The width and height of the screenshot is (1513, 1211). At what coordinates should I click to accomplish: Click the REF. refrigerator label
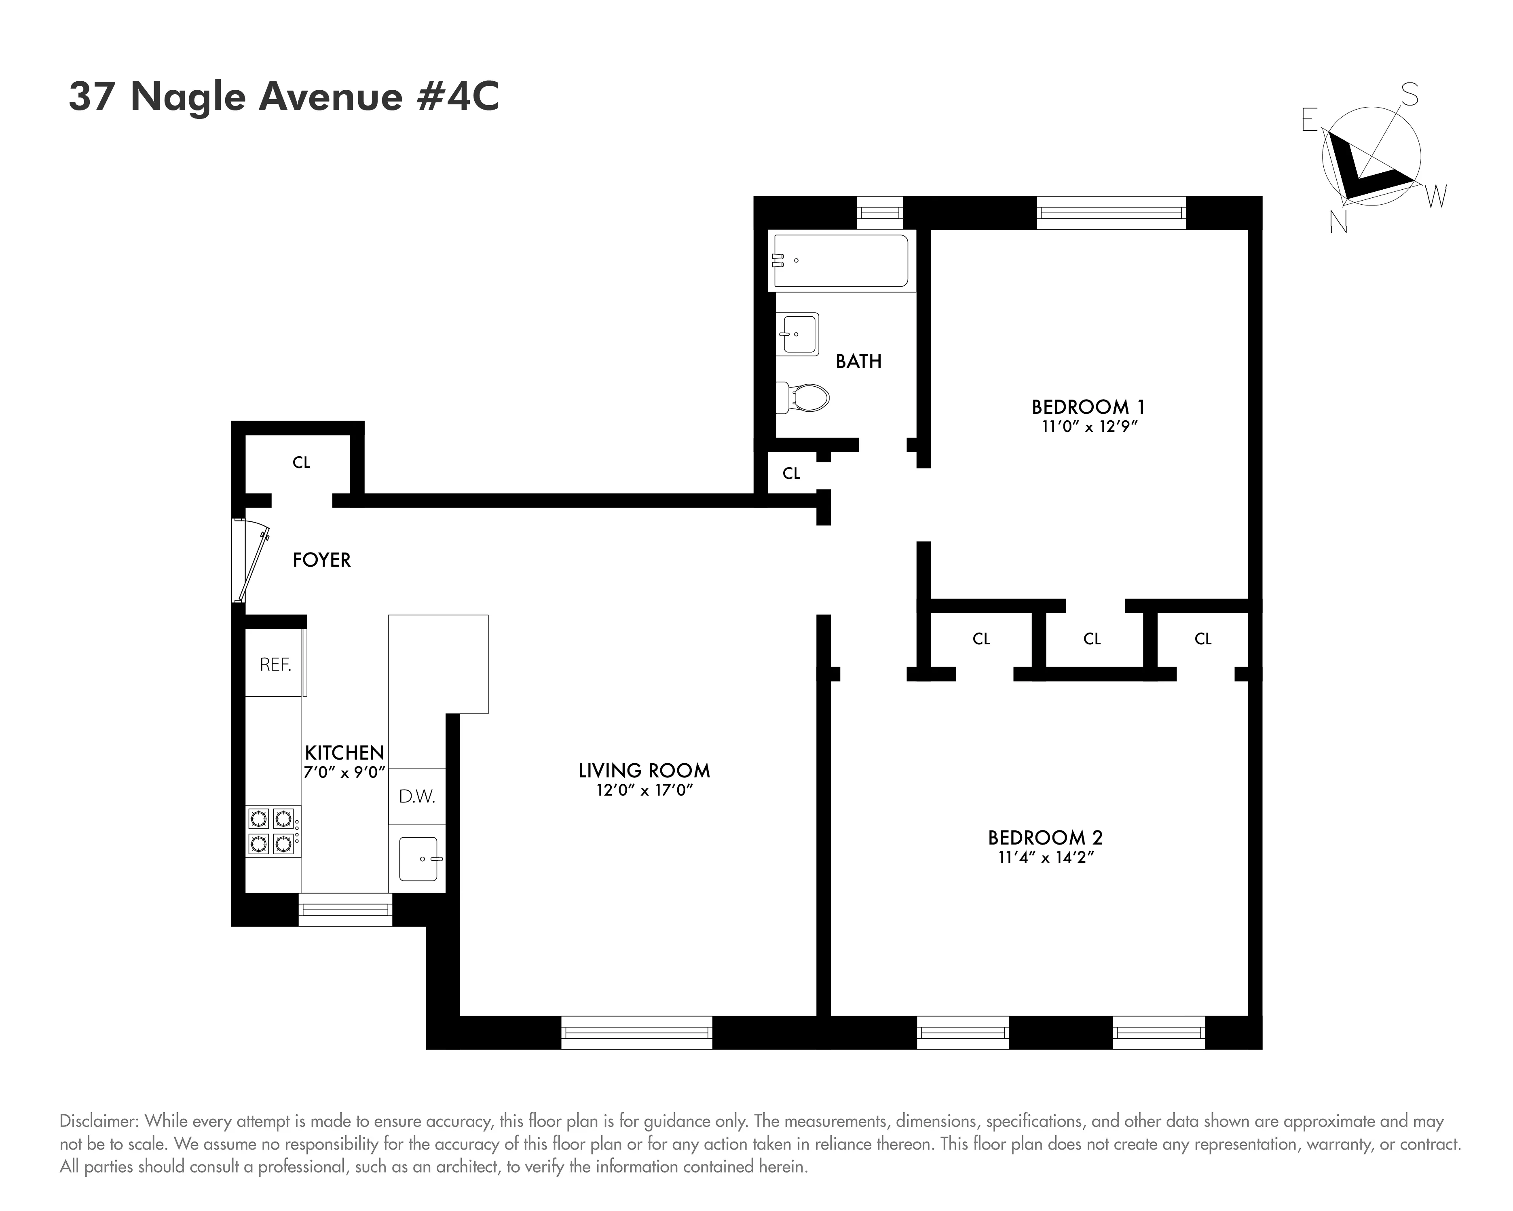point(275,665)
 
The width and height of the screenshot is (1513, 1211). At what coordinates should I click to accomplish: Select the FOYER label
point(321,560)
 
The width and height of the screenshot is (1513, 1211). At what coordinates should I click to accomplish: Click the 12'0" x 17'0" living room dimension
point(644,790)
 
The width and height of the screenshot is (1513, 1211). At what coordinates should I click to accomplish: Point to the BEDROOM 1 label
point(1088,407)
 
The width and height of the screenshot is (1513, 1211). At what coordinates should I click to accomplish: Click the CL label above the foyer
point(301,463)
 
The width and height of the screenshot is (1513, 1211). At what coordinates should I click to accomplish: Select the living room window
point(636,1033)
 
